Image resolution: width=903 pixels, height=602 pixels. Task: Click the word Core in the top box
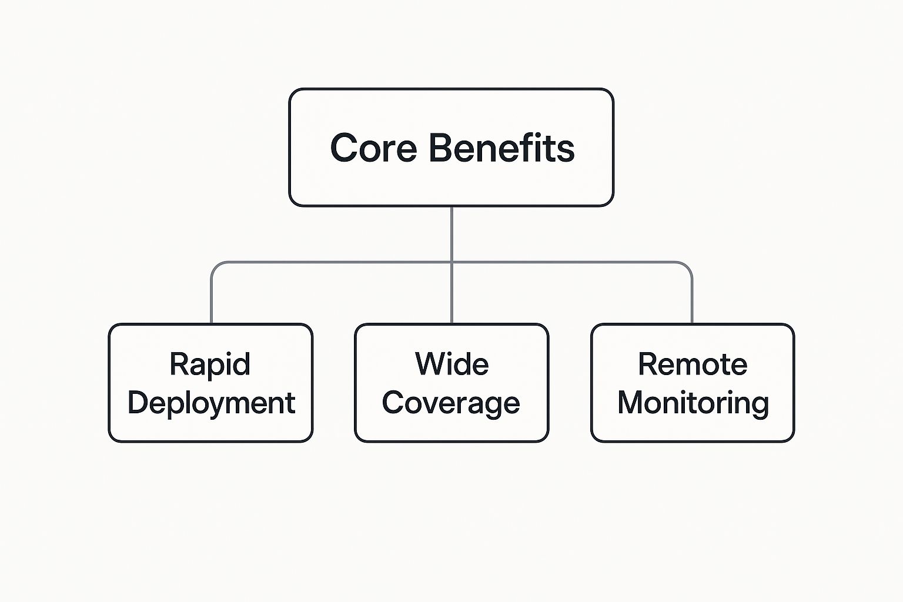(373, 148)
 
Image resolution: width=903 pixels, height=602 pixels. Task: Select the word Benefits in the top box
(501, 148)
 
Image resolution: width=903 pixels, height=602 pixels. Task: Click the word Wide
(452, 364)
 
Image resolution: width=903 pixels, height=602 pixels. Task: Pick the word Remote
(693, 364)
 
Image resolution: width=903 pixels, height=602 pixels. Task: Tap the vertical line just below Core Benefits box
(451, 234)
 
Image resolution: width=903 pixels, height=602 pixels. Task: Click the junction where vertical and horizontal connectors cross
(451, 262)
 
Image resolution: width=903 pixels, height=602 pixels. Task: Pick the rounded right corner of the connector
(688, 267)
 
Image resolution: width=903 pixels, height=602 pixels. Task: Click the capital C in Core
(344, 148)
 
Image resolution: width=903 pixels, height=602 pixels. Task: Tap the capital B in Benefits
(442, 148)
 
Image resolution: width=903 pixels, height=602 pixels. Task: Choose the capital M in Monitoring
(630, 402)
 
